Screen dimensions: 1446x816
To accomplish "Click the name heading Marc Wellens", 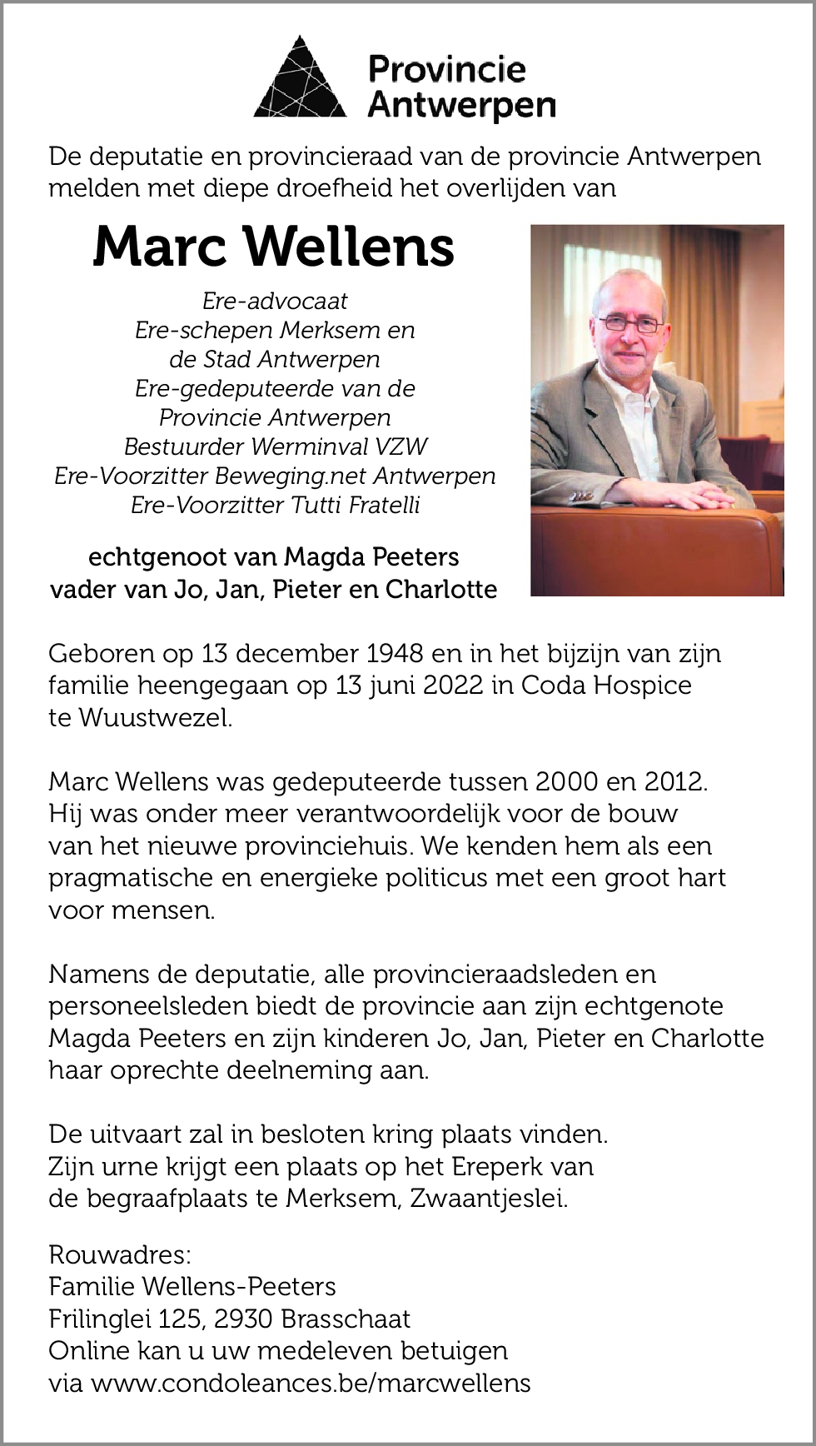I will click(x=274, y=247).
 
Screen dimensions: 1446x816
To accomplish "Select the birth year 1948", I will click(x=394, y=654).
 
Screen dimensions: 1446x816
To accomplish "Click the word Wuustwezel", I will click(x=154, y=718).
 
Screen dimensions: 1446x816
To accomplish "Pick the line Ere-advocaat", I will click(x=275, y=301).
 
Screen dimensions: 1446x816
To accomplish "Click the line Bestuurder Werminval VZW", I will click(x=275, y=446).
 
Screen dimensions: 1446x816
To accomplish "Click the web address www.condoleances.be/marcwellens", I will click(x=311, y=1383).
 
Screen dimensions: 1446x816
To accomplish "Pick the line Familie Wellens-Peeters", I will click(x=192, y=1287).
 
